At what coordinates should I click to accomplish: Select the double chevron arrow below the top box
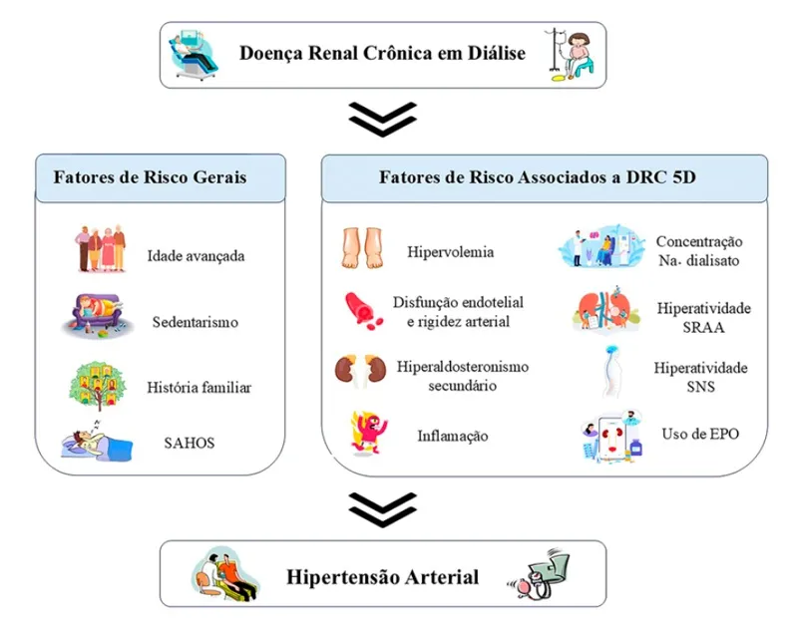pos(383,120)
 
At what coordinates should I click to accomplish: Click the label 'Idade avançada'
pos(196,255)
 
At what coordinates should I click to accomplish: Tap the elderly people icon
pos(101,249)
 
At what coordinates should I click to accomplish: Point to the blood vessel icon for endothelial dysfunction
pos(361,309)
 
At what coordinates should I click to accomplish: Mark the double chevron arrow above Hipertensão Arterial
pos(383,509)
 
